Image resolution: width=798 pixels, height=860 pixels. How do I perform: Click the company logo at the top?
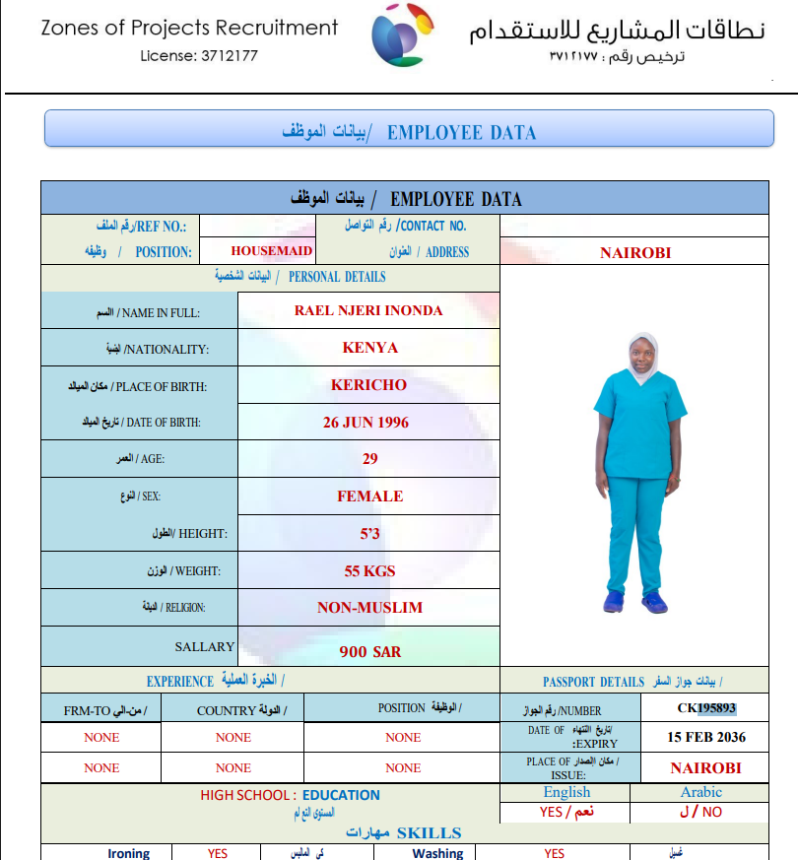(402, 36)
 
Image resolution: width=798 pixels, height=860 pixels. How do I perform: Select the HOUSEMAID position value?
(272, 251)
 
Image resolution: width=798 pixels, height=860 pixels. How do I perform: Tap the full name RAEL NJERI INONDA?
(368, 310)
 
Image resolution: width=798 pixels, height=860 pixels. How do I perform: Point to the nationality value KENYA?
(369, 348)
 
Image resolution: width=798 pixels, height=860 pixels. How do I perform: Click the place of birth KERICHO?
(368, 384)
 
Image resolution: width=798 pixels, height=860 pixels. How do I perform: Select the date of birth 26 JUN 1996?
(366, 422)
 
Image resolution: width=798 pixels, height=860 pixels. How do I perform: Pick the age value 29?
(369, 459)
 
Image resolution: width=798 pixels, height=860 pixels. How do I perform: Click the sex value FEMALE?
(369, 496)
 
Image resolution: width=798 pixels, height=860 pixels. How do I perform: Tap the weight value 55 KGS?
(369, 570)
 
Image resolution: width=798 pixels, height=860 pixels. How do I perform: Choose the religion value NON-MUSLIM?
(369, 608)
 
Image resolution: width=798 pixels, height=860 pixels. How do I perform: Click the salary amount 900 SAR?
(369, 651)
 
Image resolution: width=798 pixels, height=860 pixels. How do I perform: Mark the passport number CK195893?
(706, 707)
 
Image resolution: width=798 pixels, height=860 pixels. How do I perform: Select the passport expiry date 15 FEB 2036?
(706, 737)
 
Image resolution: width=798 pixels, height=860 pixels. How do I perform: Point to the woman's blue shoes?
(634, 599)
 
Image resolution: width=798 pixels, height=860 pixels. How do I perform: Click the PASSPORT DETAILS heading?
(593, 682)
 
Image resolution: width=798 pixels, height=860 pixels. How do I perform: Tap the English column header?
(566, 792)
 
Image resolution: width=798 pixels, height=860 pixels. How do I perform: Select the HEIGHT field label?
(202, 534)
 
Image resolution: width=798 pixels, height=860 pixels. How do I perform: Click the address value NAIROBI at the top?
(635, 252)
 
